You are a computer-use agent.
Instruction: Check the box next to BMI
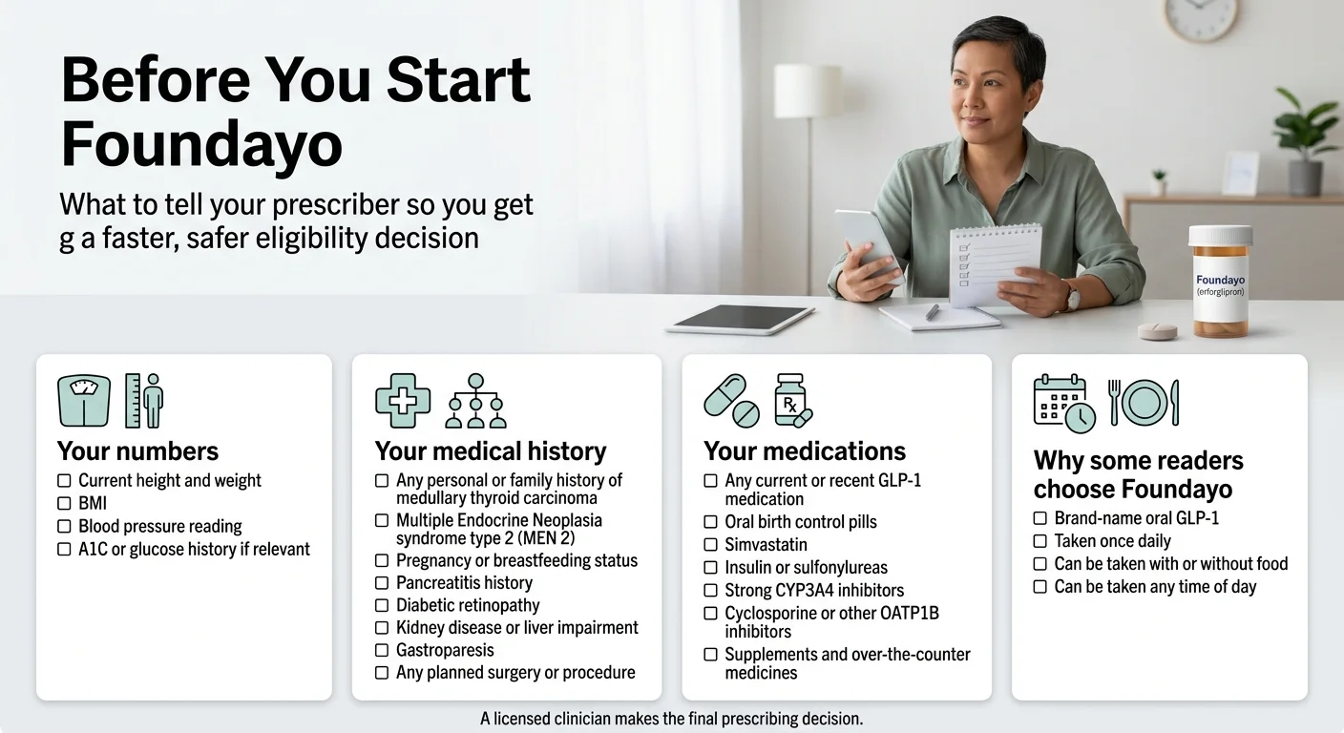tap(64, 503)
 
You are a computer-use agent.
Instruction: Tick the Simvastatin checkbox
tap(710, 545)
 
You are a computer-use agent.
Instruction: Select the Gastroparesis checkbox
tap(382, 650)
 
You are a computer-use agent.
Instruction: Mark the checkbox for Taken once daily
tap(1040, 541)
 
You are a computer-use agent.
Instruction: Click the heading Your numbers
tap(137, 450)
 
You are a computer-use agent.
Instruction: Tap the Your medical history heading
tap(491, 450)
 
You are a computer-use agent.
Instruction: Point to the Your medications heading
tap(805, 450)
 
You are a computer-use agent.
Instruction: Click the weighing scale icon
tap(83, 401)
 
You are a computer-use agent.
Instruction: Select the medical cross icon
tap(402, 401)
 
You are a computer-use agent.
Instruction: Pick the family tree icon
tap(475, 401)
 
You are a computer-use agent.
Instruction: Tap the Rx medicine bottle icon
tap(792, 401)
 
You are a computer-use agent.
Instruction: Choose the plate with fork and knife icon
tap(1144, 402)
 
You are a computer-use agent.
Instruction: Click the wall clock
tap(1199, 19)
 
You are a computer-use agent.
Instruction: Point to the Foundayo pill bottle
tap(1220, 283)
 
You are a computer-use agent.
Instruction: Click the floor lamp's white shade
tap(808, 92)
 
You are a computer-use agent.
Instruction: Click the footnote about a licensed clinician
tap(672, 718)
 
